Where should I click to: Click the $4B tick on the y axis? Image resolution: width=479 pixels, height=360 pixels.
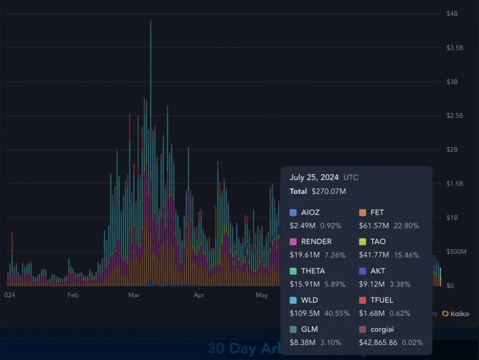pyautogui.click(x=452, y=14)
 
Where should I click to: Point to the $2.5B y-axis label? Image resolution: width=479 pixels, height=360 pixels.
pyautogui.click(x=454, y=116)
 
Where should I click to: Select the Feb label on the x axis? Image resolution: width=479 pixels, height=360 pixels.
pyautogui.click(x=73, y=295)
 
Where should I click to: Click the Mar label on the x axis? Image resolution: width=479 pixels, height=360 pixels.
pyautogui.click(x=134, y=295)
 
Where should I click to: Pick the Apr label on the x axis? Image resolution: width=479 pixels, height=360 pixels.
pyautogui.click(x=199, y=295)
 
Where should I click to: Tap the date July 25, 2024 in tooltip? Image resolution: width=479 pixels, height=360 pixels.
pyautogui.click(x=314, y=177)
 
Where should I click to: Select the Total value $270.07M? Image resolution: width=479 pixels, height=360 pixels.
pyautogui.click(x=329, y=191)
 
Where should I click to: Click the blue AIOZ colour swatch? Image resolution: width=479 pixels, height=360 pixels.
pyautogui.click(x=293, y=213)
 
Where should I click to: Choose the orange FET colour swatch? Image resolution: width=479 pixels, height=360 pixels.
pyautogui.click(x=363, y=213)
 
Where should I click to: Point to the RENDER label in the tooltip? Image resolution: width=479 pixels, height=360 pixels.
pyautogui.click(x=316, y=242)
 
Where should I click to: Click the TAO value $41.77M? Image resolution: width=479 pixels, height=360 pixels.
pyautogui.click(x=374, y=255)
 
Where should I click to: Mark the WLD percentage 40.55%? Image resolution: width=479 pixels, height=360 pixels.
pyautogui.click(x=334, y=313)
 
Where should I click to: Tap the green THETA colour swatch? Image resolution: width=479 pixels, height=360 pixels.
pyautogui.click(x=293, y=271)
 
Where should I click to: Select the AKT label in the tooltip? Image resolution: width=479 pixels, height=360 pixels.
pyautogui.click(x=377, y=271)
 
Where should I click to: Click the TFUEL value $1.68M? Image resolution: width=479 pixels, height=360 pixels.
pyautogui.click(x=372, y=313)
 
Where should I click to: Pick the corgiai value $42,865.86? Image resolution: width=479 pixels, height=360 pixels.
pyautogui.click(x=378, y=342)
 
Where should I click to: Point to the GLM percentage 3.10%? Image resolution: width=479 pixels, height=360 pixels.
pyautogui.click(x=331, y=342)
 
